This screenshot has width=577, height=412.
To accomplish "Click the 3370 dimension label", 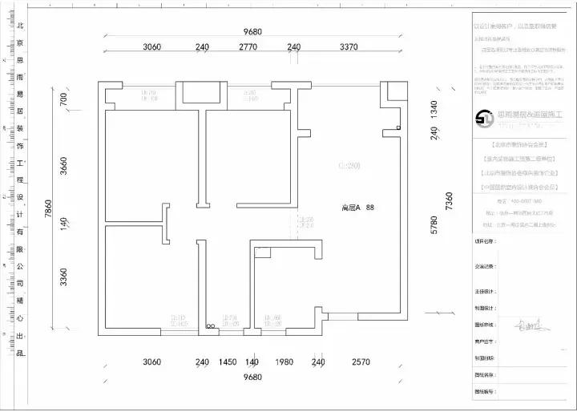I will pos(348,47).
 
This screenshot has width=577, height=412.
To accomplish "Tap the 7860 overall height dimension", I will pos(49,211).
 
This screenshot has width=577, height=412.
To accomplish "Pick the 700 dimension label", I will pos(63,99).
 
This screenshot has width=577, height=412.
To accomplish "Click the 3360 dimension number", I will pos(63,277).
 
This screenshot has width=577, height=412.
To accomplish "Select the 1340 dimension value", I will pos(434,110).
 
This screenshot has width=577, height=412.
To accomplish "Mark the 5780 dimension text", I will pos(434,225).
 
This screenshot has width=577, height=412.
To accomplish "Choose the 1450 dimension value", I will pos(228,362).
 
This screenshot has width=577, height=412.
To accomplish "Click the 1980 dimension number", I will pos(284,362).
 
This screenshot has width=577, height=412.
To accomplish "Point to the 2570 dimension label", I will pos(361,362).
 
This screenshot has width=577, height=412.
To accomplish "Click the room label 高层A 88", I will pos(358,208).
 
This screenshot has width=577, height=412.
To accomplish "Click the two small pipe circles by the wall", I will pos(211,326).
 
